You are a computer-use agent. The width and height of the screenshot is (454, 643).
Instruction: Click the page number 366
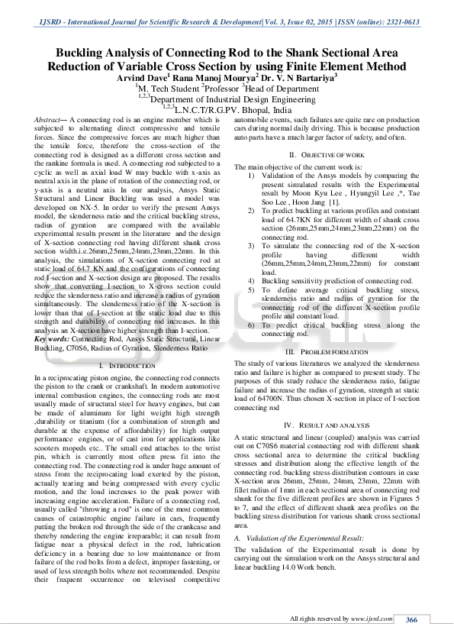point(413,620)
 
